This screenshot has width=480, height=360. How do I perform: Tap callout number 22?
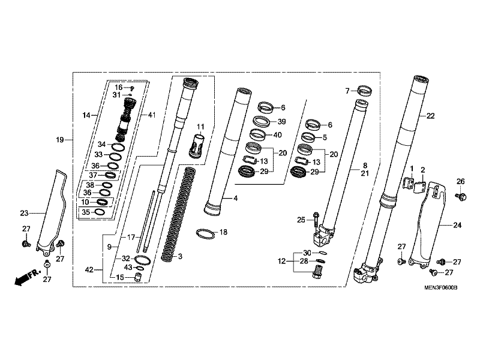coord(431,116)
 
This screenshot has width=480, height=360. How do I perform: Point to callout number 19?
coord(59,140)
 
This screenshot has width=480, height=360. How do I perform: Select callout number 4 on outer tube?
coord(235,198)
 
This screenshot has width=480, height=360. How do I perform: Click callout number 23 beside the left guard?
coord(24,212)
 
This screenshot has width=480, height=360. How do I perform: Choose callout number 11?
coord(200,126)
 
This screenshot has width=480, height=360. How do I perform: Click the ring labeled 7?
coord(364,91)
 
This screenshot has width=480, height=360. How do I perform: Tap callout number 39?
coord(281,121)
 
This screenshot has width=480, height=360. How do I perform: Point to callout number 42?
coord(89,271)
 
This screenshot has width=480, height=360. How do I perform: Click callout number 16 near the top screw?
coord(119,87)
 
